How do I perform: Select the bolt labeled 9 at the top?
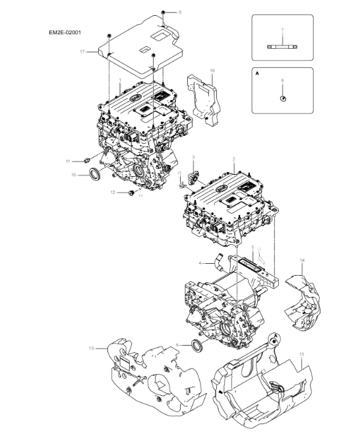click(164, 13)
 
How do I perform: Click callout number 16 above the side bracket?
click(212, 70)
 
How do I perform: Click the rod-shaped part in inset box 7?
click(282, 46)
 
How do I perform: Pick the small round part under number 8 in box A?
click(283, 98)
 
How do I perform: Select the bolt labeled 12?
click(132, 193)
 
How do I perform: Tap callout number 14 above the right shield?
click(303, 261)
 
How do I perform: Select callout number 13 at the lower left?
click(92, 347)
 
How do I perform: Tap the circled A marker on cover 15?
click(274, 339)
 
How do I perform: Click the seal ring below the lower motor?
click(197, 346)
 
